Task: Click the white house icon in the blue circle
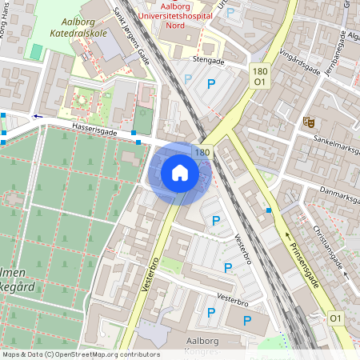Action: coord(180,172)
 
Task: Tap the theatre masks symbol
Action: coord(308,122)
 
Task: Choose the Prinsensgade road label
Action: coord(306,258)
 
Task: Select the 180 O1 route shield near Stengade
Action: coord(258,76)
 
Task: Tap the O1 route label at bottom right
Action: coord(336,318)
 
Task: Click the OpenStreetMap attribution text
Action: coord(81,354)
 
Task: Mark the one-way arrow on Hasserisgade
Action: coord(36,116)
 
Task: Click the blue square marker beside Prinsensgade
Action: coord(269,210)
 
